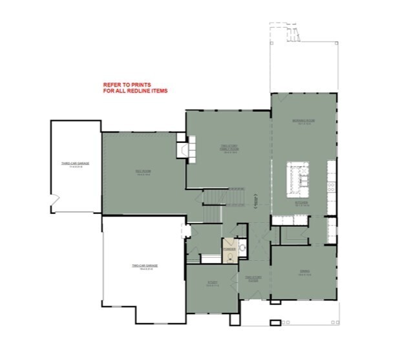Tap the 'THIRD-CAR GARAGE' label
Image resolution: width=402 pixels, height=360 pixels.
(x=75, y=164)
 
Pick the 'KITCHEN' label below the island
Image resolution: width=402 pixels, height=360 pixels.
(x=302, y=204)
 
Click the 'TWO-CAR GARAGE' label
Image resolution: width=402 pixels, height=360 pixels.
(x=145, y=266)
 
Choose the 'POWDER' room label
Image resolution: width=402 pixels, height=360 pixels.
(x=228, y=248)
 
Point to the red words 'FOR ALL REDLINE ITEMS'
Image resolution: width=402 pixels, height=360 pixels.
(x=135, y=91)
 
